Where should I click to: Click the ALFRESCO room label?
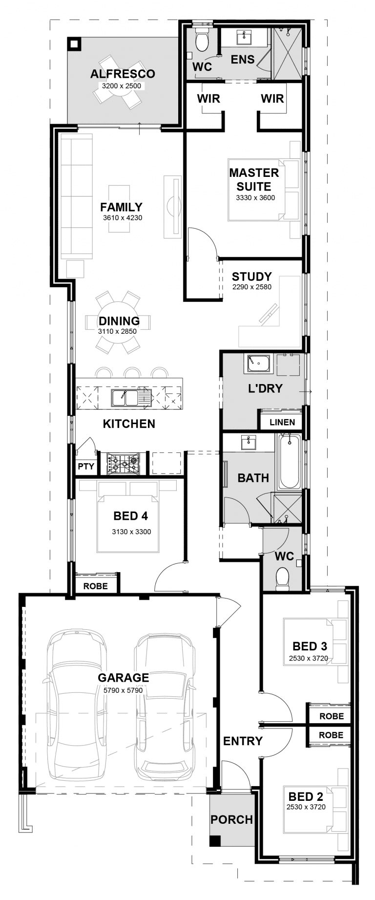(123, 74)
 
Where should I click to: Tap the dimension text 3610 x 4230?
(123, 218)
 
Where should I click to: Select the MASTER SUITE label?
(254, 179)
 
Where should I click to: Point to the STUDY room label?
(251, 277)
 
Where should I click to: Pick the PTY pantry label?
(86, 467)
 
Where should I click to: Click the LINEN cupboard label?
(282, 422)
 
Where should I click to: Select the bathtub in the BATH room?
(289, 462)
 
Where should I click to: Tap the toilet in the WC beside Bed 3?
(283, 579)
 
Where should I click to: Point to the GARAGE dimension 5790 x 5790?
(123, 690)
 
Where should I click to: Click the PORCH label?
(231, 819)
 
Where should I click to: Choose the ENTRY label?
(243, 741)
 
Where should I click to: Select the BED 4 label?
(130, 516)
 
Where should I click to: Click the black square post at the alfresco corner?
(73, 44)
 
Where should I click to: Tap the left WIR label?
(208, 99)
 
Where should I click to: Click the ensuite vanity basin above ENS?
(243, 37)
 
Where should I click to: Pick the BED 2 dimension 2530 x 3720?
(306, 807)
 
